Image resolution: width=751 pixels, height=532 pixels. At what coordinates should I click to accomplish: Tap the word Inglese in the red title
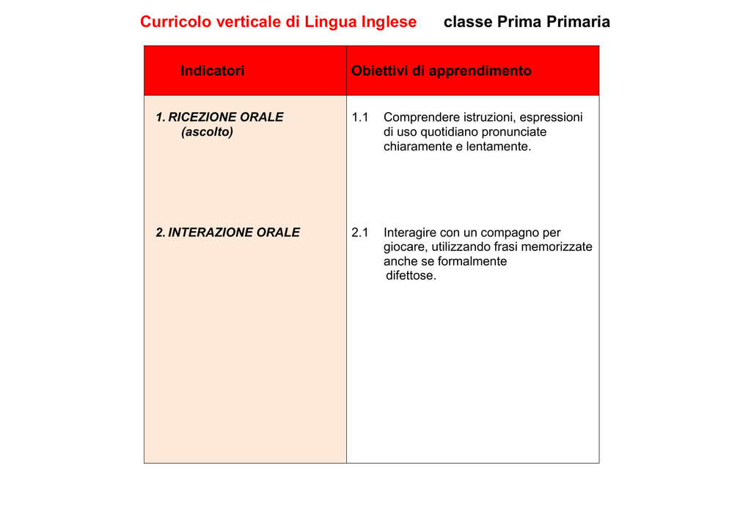(x=389, y=22)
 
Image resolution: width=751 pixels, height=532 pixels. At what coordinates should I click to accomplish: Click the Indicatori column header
(x=213, y=71)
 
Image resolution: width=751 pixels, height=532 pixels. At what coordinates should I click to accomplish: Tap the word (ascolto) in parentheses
(x=207, y=132)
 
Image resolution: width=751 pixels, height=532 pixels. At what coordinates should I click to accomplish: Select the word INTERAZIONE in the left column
(x=210, y=232)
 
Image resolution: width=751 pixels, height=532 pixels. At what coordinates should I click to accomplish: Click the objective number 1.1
(x=360, y=117)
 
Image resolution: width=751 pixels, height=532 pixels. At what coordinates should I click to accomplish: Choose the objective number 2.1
(x=360, y=233)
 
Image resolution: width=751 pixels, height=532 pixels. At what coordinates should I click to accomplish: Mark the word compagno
(x=510, y=233)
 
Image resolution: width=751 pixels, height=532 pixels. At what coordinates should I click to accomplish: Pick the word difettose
(x=411, y=276)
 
